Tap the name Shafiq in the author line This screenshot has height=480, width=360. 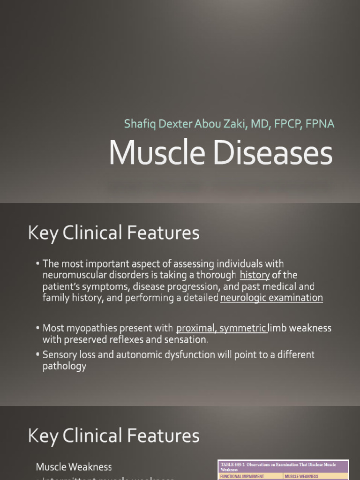tap(139, 124)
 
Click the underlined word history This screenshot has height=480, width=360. tap(255, 275)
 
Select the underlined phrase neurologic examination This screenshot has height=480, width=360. tap(271, 298)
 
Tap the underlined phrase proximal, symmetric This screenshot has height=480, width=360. tap(222, 328)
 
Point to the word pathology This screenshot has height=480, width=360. tap(64, 367)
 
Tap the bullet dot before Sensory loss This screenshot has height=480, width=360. tap(37, 354)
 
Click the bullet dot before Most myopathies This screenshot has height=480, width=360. tap(37, 327)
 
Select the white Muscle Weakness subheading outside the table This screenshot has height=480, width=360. tap(74, 467)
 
